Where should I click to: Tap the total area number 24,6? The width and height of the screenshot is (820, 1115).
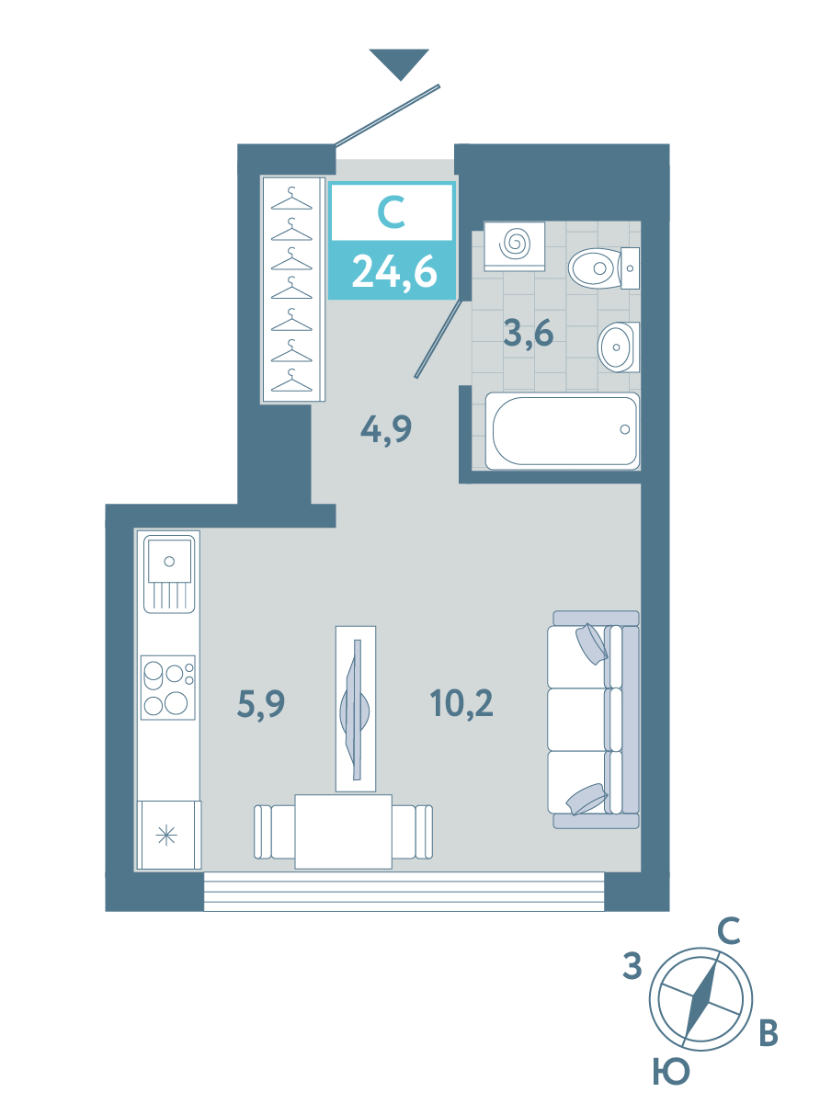pyautogui.click(x=394, y=272)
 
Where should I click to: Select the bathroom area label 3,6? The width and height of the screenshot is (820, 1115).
pyautogui.click(x=529, y=334)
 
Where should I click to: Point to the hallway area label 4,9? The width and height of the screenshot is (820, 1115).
pyautogui.click(x=386, y=429)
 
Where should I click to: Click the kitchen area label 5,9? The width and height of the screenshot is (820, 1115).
pyautogui.click(x=261, y=704)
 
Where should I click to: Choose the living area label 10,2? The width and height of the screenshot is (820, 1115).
pyautogui.click(x=461, y=703)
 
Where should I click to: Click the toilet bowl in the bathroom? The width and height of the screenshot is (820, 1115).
pyautogui.click(x=603, y=268)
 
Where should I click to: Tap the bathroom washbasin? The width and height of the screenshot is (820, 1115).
pyautogui.click(x=619, y=347)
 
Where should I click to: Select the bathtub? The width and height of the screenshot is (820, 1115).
pyautogui.click(x=562, y=431)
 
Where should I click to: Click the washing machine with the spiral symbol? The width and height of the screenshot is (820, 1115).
pyautogui.click(x=514, y=246)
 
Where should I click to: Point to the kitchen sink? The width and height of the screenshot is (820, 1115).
pyautogui.click(x=169, y=574)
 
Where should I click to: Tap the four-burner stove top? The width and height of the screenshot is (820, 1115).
pyautogui.click(x=168, y=688)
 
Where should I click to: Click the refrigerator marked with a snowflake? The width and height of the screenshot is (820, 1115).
pyautogui.click(x=169, y=835)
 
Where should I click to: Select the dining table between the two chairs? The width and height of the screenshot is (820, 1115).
pyautogui.click(x=343, y=831)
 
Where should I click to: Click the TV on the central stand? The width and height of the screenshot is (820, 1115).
pyautogui.click(x=355, y=710)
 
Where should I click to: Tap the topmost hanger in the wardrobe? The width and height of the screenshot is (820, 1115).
pyautogui.click(x=291, y=199)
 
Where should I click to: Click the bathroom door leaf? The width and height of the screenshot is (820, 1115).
pyautogui.click(x=442, y=339)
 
